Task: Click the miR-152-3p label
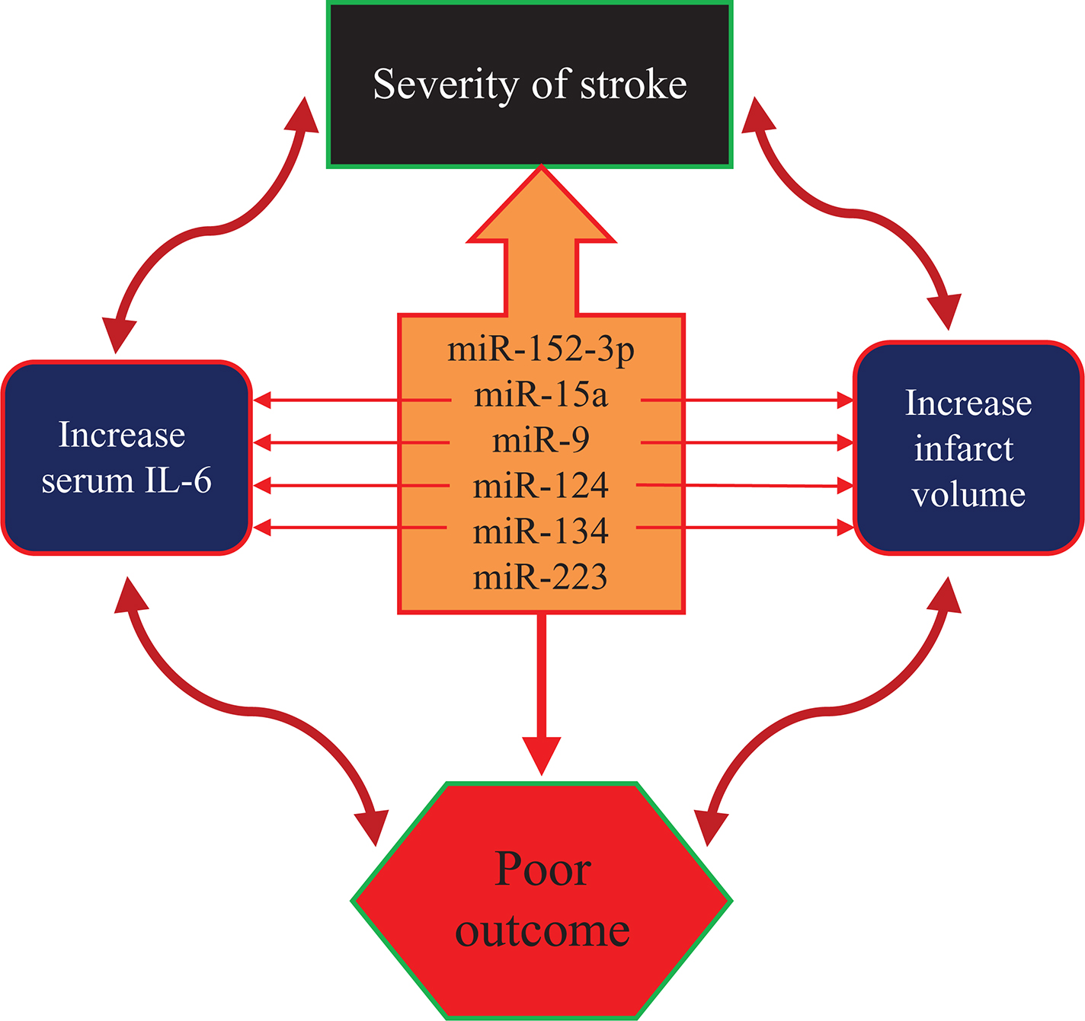pos(541,350)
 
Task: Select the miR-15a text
pos(541,396)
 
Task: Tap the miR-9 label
pos(541,441)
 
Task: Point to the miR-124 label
pos(541,486)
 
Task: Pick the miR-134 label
pos(541,531)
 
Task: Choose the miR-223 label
pos(541,577)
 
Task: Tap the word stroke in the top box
pos(633,85)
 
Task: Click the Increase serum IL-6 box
pos(126,458)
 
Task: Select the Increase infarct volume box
pos(968,448)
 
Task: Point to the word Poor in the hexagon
pos(542,869)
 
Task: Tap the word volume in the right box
pos(968,495)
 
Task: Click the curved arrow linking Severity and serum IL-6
pos(210,228)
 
